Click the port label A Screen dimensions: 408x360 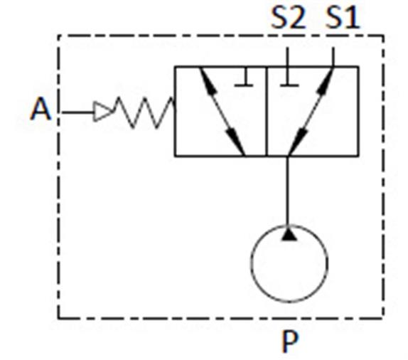pos(41,109)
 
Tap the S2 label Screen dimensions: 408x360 pos(288,18)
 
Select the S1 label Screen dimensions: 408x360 pos(343,18)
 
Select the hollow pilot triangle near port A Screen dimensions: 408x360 pos(103,112)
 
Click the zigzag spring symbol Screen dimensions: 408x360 pos(143,112)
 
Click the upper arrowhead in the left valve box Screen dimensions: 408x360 pos(209,81)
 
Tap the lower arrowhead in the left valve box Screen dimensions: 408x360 pos(235,143)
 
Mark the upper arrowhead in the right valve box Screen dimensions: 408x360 pos(326,81)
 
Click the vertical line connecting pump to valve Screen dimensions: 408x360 pos(288,191)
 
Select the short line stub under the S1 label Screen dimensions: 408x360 pos(333,58)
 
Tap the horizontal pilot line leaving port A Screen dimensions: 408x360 pos(77,112)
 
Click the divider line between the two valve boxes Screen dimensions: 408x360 pos(266,112)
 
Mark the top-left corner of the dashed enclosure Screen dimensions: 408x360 pos(58,36)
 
